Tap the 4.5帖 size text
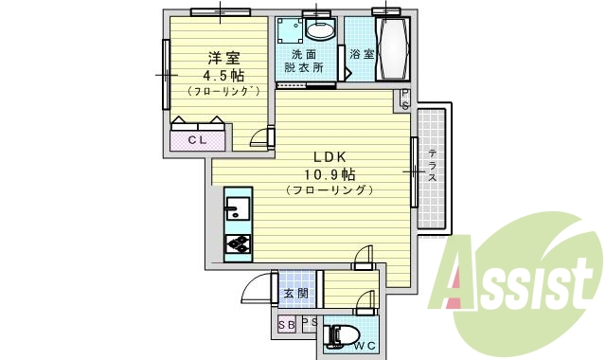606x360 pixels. click(217, 74)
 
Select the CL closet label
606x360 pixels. click(198, 140)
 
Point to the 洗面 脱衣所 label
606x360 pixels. click(303, 61)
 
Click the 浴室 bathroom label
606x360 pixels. click(361, 54)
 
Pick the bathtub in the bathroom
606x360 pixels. click(392, 51)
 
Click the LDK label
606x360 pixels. click(329, 156)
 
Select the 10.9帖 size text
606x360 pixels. click(330, 173)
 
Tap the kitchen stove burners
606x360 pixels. click(238, 244)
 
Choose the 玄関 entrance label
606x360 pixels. click(295, 294)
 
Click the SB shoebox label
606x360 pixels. click(286, 325)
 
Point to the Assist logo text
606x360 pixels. click(517, 283)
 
